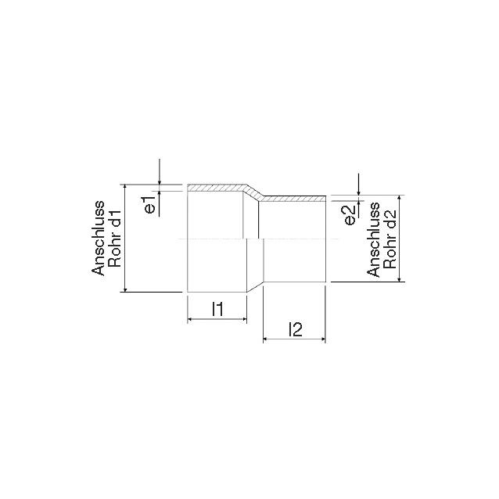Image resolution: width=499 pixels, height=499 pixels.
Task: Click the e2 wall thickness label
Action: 350,215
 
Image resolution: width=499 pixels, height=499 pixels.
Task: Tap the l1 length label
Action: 217,309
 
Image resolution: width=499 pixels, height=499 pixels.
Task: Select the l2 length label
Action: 295,329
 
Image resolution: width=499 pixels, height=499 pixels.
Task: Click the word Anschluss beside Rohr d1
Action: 98,238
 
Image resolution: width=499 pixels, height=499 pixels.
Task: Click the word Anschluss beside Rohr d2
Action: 373,239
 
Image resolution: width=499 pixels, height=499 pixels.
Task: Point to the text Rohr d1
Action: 115,238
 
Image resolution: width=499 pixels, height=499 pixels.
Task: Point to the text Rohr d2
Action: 390,239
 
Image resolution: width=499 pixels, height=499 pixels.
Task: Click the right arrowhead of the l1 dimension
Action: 244,319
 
